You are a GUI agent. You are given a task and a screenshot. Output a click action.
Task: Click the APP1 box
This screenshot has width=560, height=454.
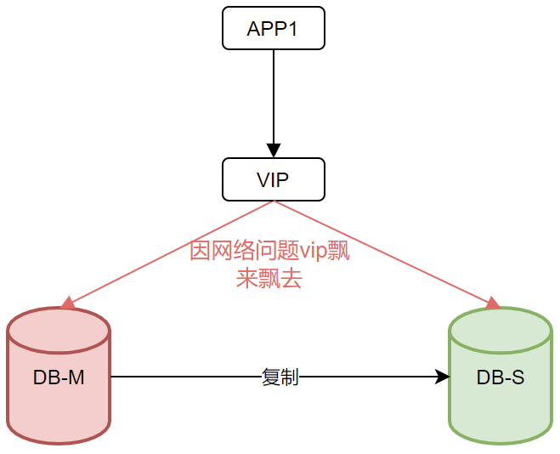[273, 28]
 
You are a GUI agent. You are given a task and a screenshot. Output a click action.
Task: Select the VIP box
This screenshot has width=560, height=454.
[273, 179]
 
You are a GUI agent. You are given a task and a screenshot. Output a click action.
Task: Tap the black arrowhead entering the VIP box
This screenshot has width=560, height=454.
[273, 150]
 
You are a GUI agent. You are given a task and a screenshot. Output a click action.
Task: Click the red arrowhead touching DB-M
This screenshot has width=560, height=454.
[68, 302]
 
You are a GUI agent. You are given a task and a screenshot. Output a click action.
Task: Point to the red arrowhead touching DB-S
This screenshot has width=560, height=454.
[492, 303]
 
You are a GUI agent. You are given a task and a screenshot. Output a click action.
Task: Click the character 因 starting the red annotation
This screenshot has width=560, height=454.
[200, 253]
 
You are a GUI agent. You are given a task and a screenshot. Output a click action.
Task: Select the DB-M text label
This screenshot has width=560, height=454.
[59, 377]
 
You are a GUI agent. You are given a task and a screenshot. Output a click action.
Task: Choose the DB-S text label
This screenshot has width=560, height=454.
[501, 377]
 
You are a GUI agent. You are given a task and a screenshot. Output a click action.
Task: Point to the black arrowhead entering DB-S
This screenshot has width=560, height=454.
[442, 377]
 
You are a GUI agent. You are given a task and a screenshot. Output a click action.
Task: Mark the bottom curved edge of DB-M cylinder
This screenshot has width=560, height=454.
[59, 441]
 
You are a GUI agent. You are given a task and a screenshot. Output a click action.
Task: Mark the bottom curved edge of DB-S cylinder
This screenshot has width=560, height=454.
[501, 441]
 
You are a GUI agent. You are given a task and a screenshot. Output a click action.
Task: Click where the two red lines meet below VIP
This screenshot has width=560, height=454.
[273, 201]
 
